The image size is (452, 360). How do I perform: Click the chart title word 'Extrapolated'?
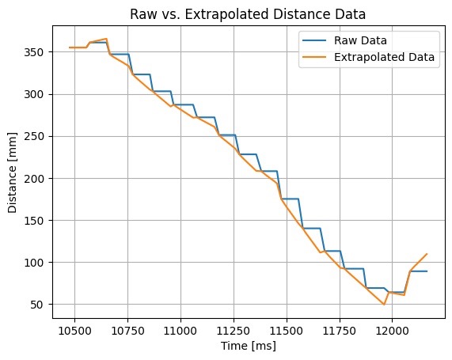tap(227, 14)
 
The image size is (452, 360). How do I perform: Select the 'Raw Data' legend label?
tap(360, 40)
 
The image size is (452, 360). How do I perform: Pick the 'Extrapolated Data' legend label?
tap(384, 57)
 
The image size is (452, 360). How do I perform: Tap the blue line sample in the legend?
tap(314, 40)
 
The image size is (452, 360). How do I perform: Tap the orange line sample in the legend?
tap(314, 57)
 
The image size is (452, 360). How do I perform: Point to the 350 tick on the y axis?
tap(34, 52)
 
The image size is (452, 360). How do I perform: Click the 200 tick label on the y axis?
tap(34, 179)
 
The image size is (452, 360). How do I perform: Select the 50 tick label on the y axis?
tap(37, 305)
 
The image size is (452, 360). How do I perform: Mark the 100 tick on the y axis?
tap(34, 263)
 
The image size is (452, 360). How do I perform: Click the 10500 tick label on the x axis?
tap(74, 331)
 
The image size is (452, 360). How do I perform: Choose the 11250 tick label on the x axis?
tap(234, 331)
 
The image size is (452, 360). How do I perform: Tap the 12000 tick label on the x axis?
tap(392, 331)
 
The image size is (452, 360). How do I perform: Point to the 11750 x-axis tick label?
tap(340, 331)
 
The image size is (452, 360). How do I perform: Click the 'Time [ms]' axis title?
tap(249, 346)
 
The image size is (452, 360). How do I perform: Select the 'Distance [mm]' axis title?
tap(13, 172)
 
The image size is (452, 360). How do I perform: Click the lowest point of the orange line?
tap(384, 305)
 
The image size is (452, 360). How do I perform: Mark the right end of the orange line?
tap(427, 254)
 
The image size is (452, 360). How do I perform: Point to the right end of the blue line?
tap(427, 271)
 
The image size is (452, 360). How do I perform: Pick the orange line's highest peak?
tap(106, 39)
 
